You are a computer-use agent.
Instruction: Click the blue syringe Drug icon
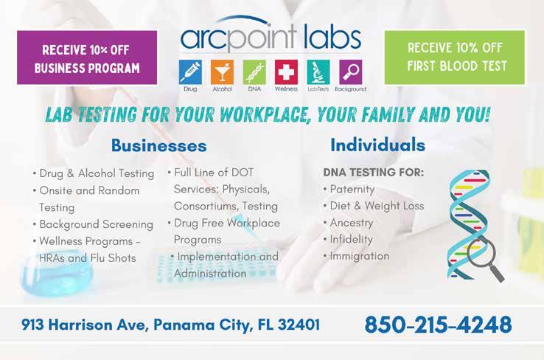pos(190,72)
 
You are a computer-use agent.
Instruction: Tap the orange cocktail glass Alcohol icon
pos(222,72)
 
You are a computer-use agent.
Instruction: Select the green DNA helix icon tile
pos(254,72)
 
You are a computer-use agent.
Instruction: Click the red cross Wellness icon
pos(286,72)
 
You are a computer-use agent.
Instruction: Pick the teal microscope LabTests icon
pos(318,72)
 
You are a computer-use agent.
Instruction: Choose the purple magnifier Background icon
pos(350,72)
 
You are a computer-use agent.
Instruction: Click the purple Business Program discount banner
pos(87,58)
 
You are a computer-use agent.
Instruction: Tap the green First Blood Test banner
pos(455,58)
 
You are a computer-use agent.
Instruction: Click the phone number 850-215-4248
pos(438,325)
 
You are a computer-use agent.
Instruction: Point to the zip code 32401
pos(299,325)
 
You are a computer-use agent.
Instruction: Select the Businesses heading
pos(159,145)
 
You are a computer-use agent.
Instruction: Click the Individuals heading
pos(378,145)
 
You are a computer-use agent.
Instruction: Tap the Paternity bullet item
pos(349,189)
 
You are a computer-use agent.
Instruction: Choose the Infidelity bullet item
pos(348,239)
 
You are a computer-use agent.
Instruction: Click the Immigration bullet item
pos(356,256)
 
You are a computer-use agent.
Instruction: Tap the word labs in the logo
pos(332,38)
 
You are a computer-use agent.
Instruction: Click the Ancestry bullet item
pos(349,223)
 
